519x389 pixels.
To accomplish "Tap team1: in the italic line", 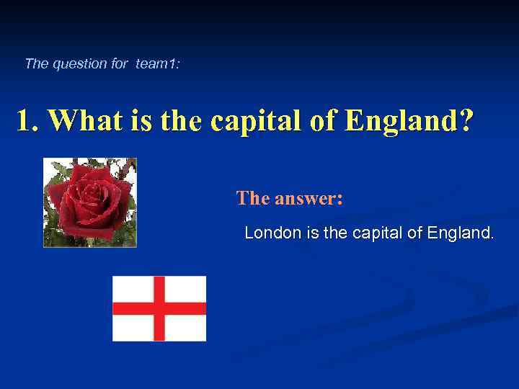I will (x=158, y=63).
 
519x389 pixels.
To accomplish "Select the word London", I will (x=268, y=233).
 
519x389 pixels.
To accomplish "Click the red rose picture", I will (x=90, y=202).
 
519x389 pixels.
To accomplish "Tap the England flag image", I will (x=159, y=308).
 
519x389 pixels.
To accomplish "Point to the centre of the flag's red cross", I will (x=159, y=308).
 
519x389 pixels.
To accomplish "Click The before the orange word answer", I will (x=252, y=198).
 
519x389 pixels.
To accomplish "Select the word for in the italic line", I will (x=120, y=63).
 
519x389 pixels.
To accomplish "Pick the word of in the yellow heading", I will (x=324, y=121).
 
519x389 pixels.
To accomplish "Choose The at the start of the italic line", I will (x=35, y=63).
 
